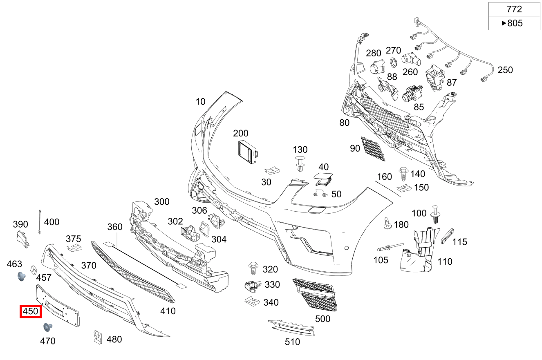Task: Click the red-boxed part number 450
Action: click(31, 311)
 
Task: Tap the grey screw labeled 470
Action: click(47, 327)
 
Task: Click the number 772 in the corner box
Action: click(514, 9)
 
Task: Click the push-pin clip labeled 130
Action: click(301, 163)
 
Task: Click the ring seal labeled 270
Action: click(393, 63)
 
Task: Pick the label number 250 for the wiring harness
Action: click(505, 70)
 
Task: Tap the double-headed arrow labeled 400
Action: click(40, 221)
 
